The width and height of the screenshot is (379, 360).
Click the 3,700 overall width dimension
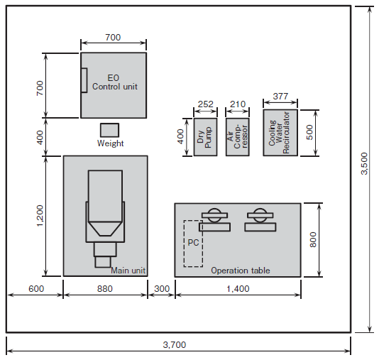click(x=175, y=345)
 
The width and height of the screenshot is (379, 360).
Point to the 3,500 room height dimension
click(x=364, y=163)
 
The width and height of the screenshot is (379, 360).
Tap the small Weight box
click(x=110, y=130)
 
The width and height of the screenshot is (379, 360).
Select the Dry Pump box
click(x=205, y=137)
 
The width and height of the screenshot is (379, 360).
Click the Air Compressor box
click(x=238, y=137)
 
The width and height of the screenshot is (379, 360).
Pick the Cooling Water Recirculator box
click(x=280, y=133)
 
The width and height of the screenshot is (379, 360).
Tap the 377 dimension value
click(x=280, y=97)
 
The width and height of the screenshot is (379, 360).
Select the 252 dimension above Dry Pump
click(x=205, y=104)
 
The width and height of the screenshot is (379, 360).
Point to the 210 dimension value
click(x=238, y=104)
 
